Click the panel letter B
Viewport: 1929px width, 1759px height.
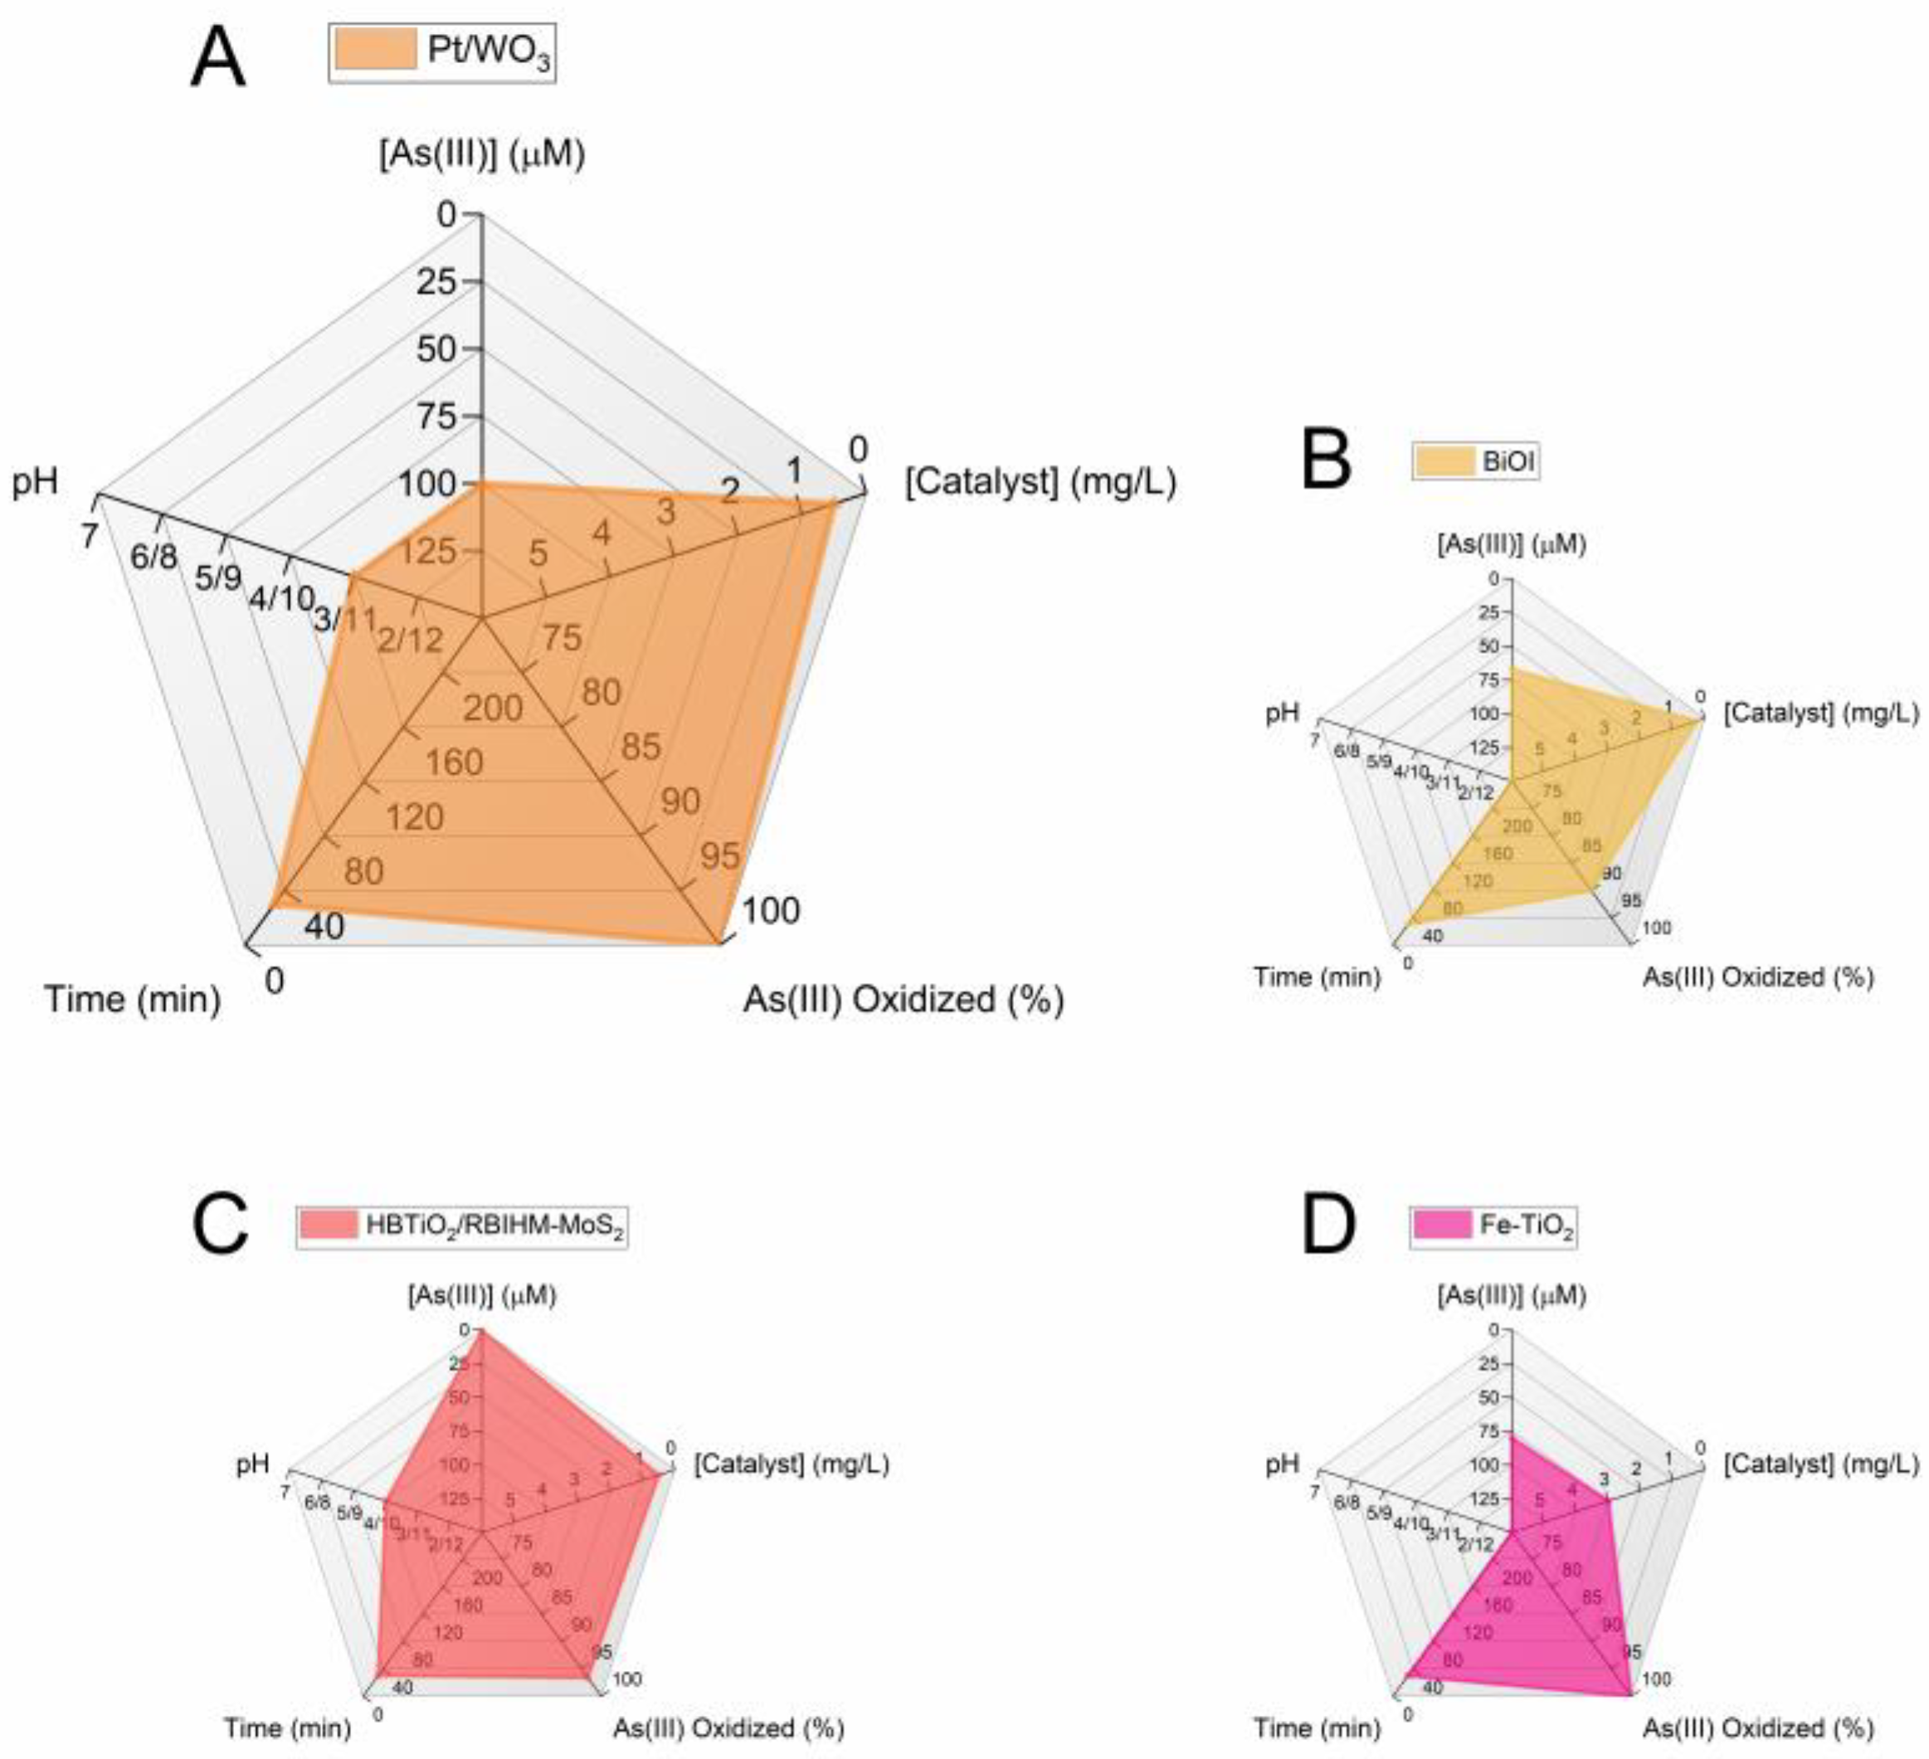pos(1326,460)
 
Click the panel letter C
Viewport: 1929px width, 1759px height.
pos(221,1224)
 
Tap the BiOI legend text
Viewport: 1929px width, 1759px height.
pos(1508,462)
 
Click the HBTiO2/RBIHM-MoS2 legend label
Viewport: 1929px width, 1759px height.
pos(494,1226)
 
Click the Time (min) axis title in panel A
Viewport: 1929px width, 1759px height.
pos(133,999)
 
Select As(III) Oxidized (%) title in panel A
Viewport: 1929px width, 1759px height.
pos(904,999)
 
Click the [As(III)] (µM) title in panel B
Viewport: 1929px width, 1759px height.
pos(1511,544)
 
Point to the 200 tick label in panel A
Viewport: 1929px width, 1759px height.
pos(493,709)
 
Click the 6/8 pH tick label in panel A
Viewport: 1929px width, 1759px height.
pos(153,556)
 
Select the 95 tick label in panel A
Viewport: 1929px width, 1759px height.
pos(719,855)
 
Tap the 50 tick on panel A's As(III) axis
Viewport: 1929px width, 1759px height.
pos(436,349)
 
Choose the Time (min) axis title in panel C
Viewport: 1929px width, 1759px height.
pos(287,1727)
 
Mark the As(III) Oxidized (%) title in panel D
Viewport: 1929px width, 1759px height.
pos(1758,1727)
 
